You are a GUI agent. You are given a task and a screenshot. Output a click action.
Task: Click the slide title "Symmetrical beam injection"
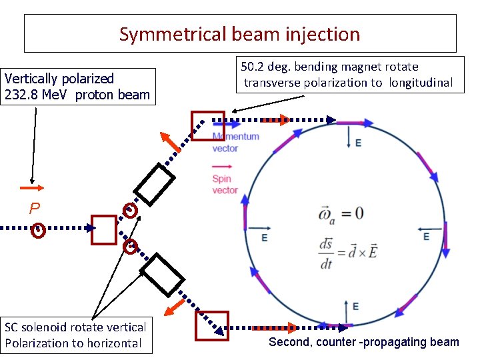[239, 34]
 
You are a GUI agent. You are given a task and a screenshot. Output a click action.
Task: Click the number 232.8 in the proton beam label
[21, 95]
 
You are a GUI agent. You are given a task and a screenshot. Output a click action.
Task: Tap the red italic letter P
[35, 209]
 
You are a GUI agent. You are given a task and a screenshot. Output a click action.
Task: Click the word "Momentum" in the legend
[235, 137]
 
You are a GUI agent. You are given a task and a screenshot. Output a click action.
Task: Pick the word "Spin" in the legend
[222, 179]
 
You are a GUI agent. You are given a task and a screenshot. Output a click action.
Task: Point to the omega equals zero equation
[342, 213]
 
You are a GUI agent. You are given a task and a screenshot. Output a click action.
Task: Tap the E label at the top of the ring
[359, 143]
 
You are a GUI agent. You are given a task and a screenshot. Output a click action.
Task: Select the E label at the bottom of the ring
[355, 306]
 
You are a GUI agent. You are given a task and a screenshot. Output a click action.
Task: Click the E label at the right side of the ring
[426, 237]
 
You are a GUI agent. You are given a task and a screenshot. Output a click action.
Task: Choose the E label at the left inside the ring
[265, 238]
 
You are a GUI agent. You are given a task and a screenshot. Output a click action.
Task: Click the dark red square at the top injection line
[204, 125]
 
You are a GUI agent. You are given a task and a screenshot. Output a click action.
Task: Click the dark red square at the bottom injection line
[211, 326]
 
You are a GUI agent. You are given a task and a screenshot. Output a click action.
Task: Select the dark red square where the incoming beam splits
[104, 229]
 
